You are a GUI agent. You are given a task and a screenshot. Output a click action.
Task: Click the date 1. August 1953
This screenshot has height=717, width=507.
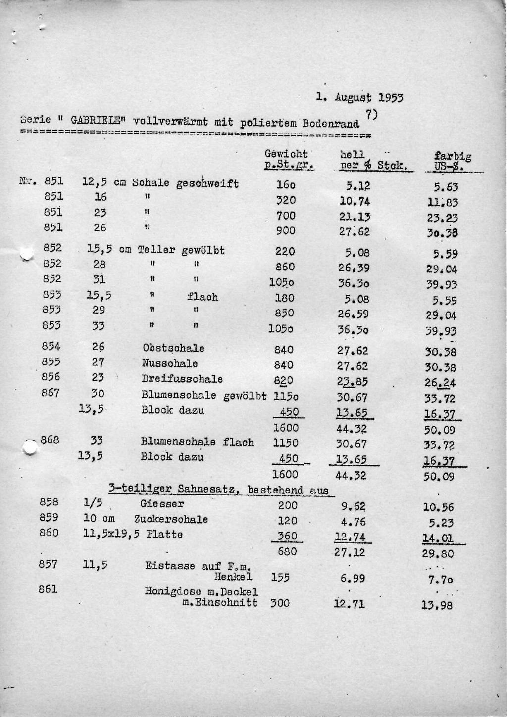click(360, 97)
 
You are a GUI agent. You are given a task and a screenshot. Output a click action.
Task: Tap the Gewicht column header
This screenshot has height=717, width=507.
click(286, 154)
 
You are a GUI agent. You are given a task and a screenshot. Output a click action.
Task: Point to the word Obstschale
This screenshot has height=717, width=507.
click(173, 349)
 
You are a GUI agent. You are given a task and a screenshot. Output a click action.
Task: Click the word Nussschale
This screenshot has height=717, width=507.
click(170, 364)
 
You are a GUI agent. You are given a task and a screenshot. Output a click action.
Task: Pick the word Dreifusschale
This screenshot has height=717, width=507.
click(182, 379)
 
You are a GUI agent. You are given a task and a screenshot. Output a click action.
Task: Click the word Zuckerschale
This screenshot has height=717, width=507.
click(171, 520)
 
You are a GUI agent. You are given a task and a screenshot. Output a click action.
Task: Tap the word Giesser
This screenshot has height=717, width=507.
click(162, 504)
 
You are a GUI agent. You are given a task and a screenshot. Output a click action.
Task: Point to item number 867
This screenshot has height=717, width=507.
click(51, 393)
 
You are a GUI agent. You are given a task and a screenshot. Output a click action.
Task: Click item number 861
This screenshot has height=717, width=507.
click(49, 589)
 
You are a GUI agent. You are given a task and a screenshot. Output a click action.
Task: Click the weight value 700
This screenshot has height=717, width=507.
click(286, 216)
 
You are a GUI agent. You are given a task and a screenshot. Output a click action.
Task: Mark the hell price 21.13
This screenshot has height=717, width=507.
click(355, 217)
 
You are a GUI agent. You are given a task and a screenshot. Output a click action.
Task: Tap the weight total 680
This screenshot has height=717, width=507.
click(287, 551)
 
